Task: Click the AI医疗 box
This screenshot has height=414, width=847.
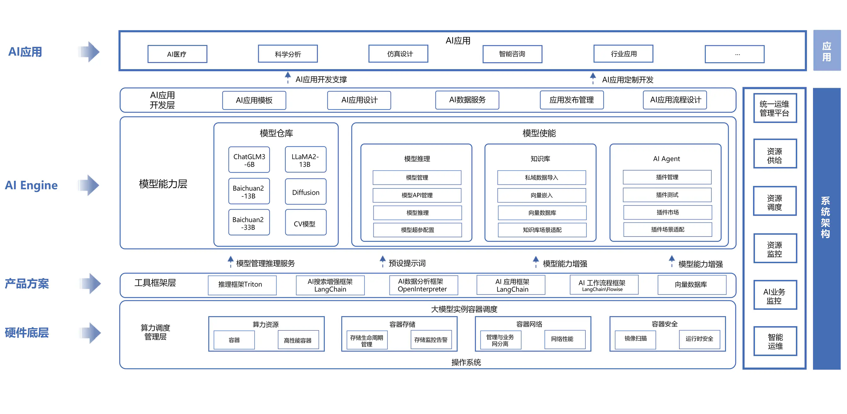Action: coord(177,54)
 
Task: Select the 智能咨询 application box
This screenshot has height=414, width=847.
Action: coord(512,54)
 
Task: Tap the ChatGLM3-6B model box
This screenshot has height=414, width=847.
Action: coord(249,160)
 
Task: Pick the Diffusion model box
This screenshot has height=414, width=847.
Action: coord(306,192)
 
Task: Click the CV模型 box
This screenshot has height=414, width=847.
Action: coord(306,223)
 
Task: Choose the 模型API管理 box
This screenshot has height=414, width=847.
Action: coord(417,195)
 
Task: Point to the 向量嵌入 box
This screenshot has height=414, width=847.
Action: coord(542,195)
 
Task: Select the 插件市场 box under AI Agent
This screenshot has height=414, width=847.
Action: coord(667,212)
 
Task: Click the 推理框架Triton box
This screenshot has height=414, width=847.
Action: coord(242,285)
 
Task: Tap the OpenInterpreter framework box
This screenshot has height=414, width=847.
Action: coord(423,285)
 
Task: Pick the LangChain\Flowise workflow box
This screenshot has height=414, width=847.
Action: coord(604,285)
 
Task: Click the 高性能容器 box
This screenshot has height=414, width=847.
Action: coord(298,340)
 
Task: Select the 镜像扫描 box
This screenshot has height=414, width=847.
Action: coord(635,339)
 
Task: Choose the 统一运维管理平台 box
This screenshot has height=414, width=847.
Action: coord(775,108)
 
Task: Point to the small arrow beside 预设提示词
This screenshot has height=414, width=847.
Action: coord(383,261)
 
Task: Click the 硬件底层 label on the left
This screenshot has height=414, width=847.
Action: coord(27,333)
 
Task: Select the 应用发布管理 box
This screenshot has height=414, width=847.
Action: coord(572,100)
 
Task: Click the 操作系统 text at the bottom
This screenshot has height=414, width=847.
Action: coord(466,362)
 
